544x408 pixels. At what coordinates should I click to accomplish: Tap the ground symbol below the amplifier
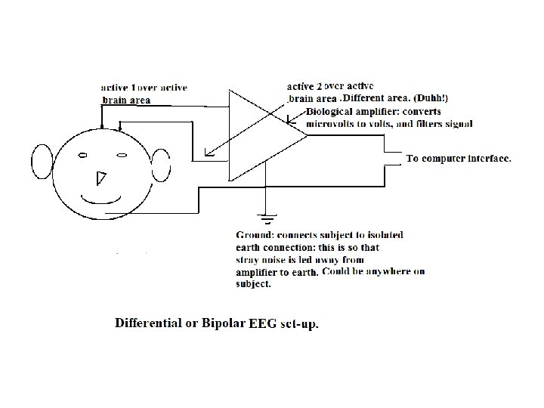(266, 220)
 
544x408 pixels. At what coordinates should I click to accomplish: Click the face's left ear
(42, 163)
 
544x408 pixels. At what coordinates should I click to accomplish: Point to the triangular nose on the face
(100, 178)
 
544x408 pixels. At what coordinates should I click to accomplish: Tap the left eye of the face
(84, 156)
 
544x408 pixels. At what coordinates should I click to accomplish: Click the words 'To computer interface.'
(459, 159)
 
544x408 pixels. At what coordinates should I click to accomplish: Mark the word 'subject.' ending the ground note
(253, 285)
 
